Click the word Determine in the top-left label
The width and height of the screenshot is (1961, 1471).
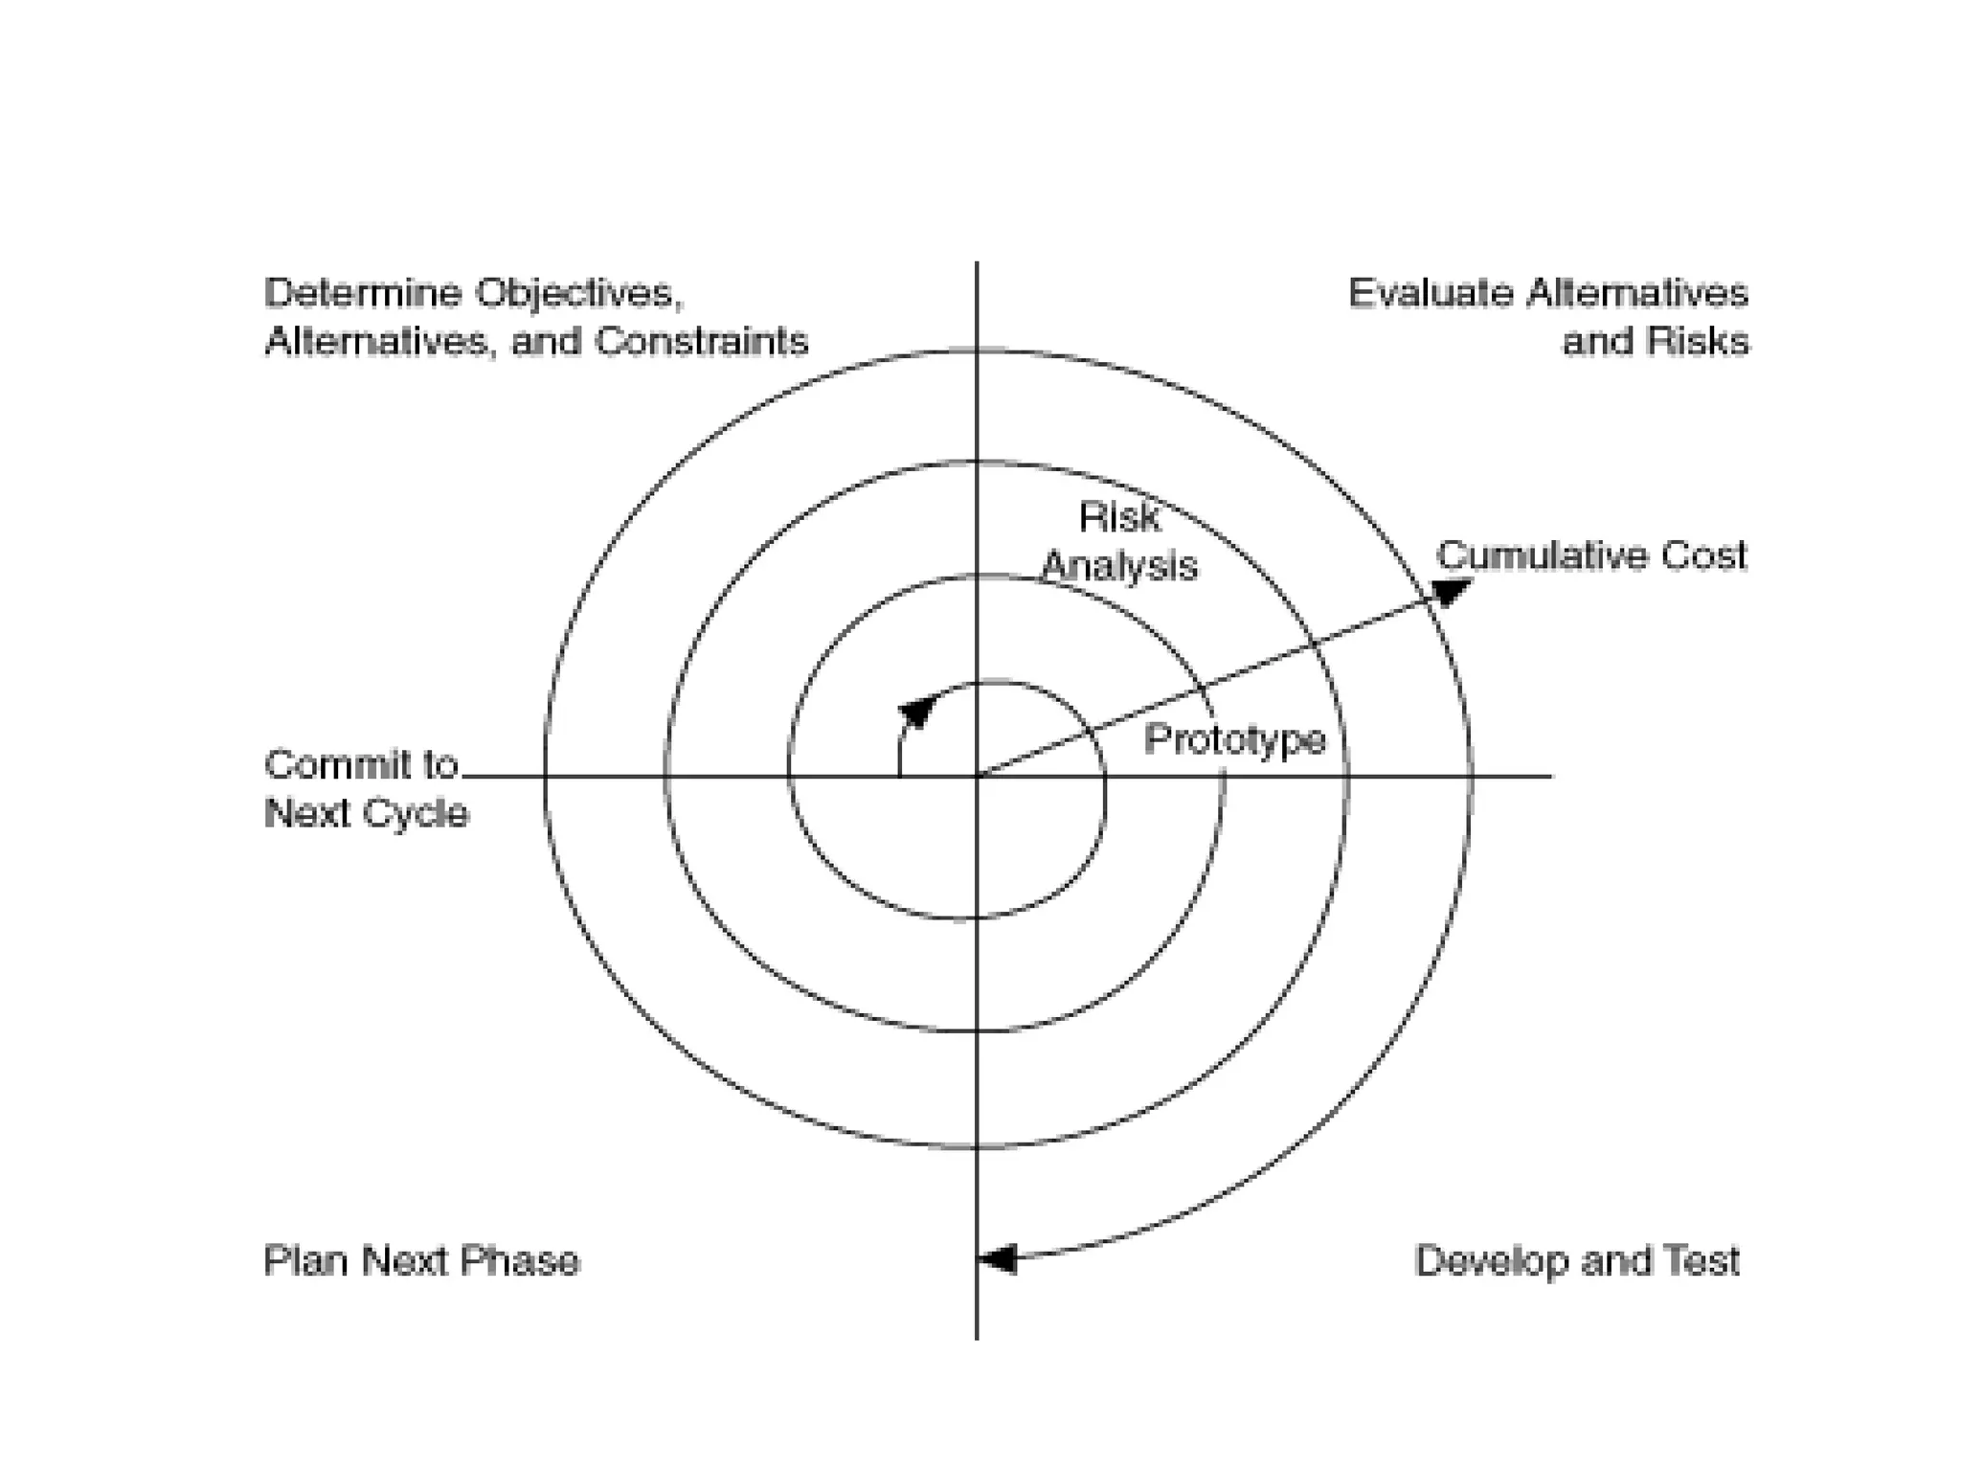(362, 293)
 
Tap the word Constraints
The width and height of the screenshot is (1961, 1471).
(701, 342)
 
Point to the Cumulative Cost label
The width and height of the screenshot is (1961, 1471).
(1590, 556)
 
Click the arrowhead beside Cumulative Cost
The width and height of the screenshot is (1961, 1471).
(1451, 593)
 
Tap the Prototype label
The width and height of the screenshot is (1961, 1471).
(1235, 740)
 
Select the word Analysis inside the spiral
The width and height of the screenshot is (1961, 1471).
(1119, 566)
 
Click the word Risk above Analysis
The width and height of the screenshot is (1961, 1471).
(1119, 518)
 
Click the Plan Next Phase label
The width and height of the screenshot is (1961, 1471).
(421, 1261)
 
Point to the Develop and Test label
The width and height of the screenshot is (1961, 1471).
(1576, 1261)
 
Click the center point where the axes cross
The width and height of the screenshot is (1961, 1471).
(977, 776)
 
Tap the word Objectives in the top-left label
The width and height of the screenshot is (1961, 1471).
(578, 293)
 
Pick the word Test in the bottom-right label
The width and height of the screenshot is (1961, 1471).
(1702, 1261)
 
